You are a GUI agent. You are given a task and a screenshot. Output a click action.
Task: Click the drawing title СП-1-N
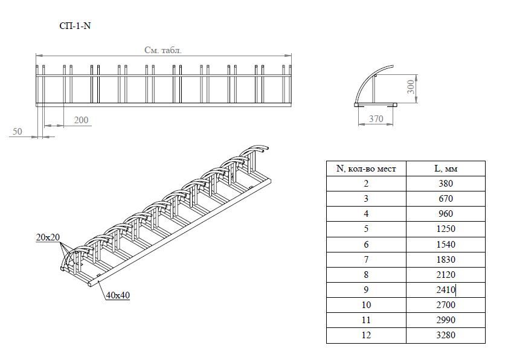[75, 26]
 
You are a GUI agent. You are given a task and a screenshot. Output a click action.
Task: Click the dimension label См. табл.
[163, 50]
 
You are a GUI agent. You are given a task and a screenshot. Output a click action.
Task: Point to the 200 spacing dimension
[81, 120]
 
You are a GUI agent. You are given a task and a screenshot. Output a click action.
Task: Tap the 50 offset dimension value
[18, 131]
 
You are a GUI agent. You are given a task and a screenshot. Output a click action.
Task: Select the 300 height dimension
[411, 86]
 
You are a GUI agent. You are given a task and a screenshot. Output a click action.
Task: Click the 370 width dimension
[376, 119]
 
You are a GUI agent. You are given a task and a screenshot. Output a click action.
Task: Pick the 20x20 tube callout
[48, 237]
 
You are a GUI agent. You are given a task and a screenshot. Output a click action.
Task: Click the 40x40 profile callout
[118, 295]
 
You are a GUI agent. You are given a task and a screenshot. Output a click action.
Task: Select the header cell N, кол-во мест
[366, 169]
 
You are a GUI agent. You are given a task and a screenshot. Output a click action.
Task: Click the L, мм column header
[446, 169]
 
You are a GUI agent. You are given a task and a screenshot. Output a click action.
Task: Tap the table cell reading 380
[446, 184]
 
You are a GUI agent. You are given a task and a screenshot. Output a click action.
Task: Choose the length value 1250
[446, 229]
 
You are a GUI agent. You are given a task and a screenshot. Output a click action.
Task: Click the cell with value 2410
[446, 289]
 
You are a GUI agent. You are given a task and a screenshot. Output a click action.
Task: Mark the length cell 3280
[446, 335]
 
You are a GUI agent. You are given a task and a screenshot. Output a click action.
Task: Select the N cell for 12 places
[366, 335]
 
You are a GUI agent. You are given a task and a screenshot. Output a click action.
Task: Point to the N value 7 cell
[366, 260]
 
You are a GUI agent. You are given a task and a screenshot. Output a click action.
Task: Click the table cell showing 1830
[446, 260]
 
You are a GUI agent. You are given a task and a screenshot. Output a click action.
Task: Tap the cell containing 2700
[446, 305]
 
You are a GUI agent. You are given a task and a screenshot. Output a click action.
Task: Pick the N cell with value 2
[366, 184]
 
